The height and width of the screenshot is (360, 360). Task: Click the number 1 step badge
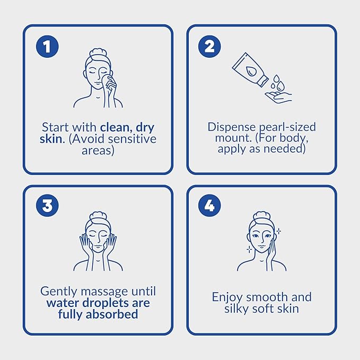tap(47, 46)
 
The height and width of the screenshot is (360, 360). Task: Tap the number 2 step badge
tap(209, 46)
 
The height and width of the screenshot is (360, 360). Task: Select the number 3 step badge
tap(47, 205)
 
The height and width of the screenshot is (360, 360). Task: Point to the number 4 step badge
tap(209, 205)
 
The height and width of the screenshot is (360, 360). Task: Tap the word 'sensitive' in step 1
tap(132, 139)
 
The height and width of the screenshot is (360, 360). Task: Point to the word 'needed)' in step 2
tap(285, 149)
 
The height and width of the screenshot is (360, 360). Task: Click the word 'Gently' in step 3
tap(59, 292)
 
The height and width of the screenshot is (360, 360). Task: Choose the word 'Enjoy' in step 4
tap(227, 297)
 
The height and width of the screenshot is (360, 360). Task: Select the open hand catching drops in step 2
tap(278, 96)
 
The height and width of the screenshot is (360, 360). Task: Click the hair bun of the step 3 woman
tap(98, 216)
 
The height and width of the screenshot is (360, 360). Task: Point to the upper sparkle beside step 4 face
tap(278, 231)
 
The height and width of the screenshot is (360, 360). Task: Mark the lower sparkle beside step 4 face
tap(249, 249)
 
